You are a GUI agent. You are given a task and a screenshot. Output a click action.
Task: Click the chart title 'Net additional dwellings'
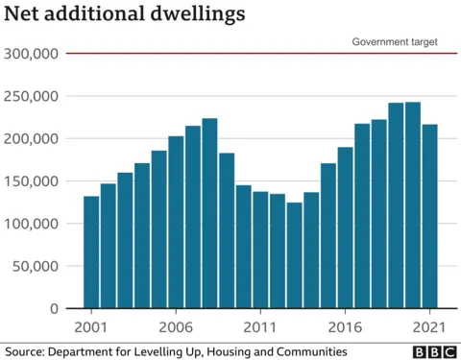click(x=124, y=15)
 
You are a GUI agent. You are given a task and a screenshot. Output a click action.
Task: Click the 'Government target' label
click(x=395, y=42)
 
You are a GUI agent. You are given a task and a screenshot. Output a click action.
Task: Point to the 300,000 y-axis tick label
click(x=31, y=54)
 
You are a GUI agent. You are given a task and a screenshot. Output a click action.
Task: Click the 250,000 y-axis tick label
click(x=31, y=96)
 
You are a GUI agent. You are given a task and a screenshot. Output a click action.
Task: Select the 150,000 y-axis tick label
click(x=31, y=181)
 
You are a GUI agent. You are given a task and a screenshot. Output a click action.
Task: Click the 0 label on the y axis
click(x=55, y=308)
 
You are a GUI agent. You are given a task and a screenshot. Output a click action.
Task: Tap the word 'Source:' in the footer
click(x=26, y=351)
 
